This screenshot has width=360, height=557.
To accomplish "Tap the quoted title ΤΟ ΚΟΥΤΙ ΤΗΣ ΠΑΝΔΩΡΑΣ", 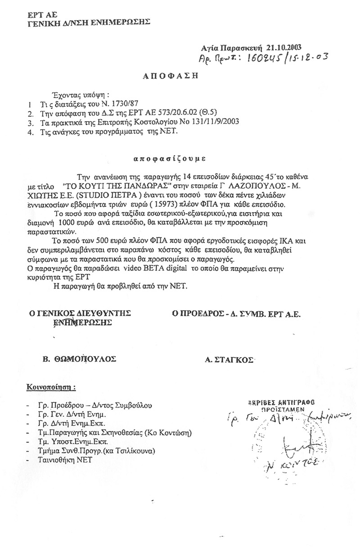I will click(x=118, y=185).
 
